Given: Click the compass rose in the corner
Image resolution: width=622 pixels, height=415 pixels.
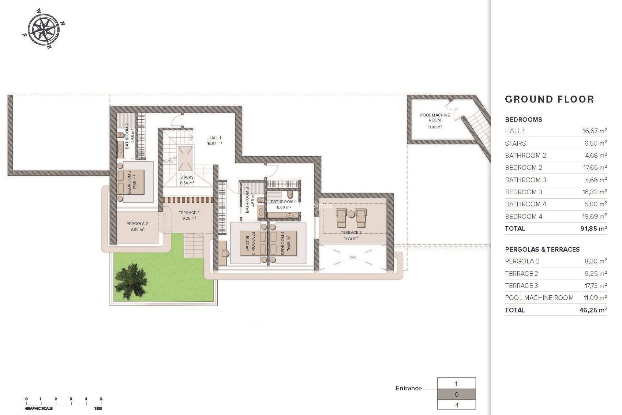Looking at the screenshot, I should click(43, 29).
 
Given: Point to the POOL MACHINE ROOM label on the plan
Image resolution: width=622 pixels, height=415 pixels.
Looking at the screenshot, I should click(435, 118).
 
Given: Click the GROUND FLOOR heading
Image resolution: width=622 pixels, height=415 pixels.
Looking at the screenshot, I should click(549, 99).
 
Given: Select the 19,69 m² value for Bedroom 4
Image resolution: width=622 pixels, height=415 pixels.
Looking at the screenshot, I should click(594, 216).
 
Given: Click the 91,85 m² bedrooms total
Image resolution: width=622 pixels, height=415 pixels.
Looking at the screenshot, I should click(593, 229).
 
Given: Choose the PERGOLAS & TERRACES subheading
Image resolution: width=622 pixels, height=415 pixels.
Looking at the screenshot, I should click(542, 249).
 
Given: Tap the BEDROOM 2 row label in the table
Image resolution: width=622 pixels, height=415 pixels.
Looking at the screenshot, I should click(524, 168).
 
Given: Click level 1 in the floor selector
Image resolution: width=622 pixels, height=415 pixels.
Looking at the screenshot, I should click(456, 384).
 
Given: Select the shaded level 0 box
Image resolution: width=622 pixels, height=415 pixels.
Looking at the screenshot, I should click(456, 395).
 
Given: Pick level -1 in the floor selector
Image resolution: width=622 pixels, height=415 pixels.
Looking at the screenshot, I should click(456, 405).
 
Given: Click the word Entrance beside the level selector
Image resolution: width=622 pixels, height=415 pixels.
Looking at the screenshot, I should click(409, 388).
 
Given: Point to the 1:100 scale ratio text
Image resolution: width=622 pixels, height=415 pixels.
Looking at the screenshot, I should click(98, 409).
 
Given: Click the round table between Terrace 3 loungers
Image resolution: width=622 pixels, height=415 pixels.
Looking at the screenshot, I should click(351, 214).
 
